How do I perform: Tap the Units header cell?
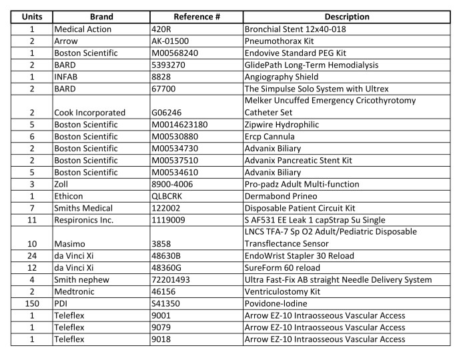(x=30, y=17)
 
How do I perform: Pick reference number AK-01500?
(x=172, y=41)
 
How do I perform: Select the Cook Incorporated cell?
(x=90, y=113)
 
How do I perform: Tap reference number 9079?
(x=162, y=327)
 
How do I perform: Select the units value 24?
(x=30, y=256)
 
